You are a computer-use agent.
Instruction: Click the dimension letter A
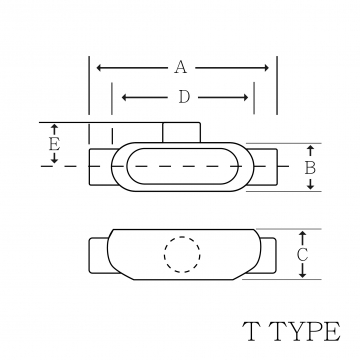point(180,67)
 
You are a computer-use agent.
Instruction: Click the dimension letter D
point(184,97)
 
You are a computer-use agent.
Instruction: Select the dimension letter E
point(54,145)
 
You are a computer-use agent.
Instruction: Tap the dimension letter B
point(310,168)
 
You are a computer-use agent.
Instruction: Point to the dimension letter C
point(302,255)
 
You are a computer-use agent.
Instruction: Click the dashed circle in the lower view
point(182,254)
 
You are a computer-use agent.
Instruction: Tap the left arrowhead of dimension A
point(99,68)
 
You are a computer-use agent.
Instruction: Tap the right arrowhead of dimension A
point(266,68)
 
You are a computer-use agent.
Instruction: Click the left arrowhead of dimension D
point(124,97)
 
